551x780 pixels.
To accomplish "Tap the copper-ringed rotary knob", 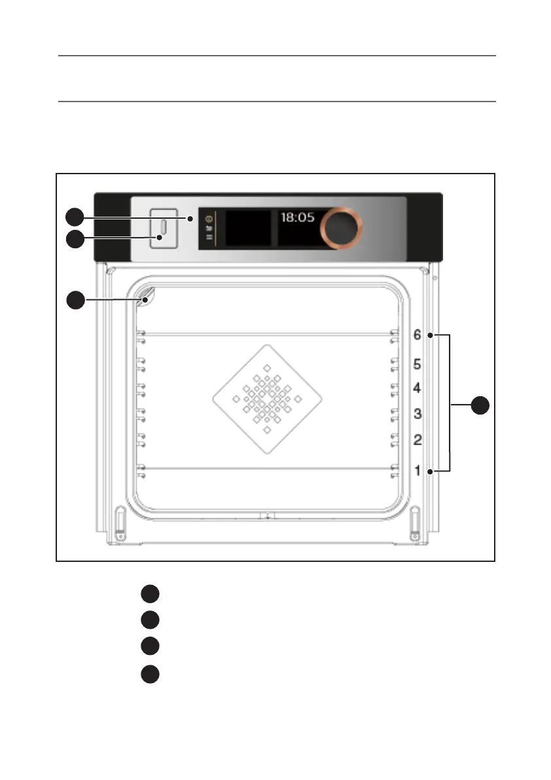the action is point(340,227).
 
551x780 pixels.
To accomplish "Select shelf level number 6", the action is point(417,335).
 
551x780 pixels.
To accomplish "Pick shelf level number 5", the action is point(417,363).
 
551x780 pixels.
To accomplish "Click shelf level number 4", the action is point(417,388).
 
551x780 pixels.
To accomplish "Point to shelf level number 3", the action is point(417,413).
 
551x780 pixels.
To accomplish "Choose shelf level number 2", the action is point(417,439).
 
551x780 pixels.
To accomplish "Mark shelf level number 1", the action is point(417,470).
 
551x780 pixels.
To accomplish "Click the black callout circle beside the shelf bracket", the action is point(481,405).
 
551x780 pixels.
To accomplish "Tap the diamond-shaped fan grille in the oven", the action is point(268,399).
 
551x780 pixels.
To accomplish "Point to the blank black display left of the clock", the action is point(248,228).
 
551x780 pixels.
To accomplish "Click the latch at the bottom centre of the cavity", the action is point(267,516).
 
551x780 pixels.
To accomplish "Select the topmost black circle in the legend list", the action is point(150,594).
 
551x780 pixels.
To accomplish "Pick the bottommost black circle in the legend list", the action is point(150,674).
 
